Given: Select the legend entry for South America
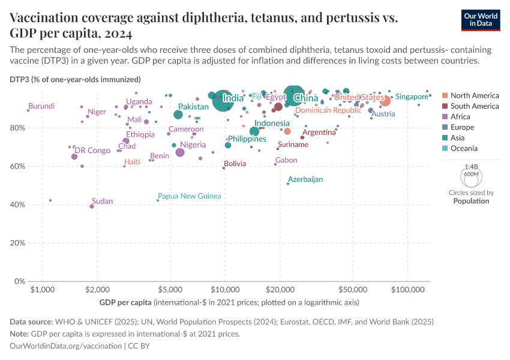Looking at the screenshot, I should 474,106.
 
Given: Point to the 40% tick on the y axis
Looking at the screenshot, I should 18,205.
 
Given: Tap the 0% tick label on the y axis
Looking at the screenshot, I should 20,281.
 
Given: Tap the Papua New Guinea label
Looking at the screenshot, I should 189,196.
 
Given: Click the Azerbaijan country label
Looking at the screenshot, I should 305,179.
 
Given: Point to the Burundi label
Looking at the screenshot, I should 41,106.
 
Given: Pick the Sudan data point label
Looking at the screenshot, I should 102,201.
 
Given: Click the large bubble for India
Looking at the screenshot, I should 223,101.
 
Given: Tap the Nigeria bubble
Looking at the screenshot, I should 180,152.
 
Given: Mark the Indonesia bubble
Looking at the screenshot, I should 254,131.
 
